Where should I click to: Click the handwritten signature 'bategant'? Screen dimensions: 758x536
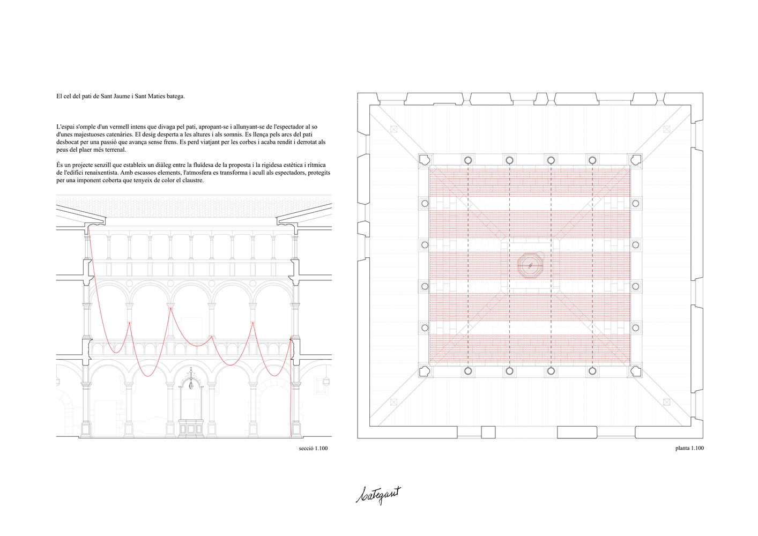point(378,495)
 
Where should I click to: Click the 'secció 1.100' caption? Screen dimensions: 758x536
point(313,448)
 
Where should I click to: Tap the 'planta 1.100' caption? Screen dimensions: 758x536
point(689,448)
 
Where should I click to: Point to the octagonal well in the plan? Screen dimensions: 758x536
point(530,266)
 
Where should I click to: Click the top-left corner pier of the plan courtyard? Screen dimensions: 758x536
point(425,160)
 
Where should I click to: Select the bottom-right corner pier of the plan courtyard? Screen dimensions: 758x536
point(635,371)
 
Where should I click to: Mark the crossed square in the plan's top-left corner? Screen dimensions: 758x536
point(393,129)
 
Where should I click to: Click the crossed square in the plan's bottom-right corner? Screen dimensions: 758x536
point(667,402)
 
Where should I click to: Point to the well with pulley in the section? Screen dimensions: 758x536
point(191,401)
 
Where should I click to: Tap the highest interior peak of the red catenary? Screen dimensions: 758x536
point(171,308)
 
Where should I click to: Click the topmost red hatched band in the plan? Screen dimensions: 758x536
point(530,182)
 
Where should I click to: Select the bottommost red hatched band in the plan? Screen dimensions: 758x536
point(530,349)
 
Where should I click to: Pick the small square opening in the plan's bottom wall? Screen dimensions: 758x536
point(488,432)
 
